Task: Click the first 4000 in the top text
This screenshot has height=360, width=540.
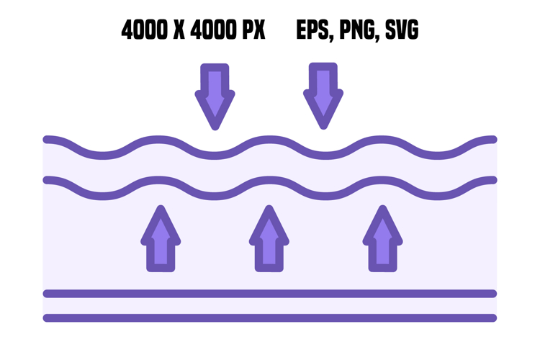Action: tap(144, 30)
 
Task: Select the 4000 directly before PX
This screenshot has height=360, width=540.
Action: tap(214, 30)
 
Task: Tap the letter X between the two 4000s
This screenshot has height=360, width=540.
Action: tap(179, 30)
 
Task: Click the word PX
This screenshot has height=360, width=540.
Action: tap(254, 30)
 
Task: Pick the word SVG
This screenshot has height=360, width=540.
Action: tap(402, 30)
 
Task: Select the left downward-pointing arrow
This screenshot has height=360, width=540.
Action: tap(215, 96)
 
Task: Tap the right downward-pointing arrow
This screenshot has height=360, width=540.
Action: tap(323, 96)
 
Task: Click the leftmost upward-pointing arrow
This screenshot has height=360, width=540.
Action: tap(161, 238)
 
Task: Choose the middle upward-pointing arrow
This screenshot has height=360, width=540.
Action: tap(269, 238)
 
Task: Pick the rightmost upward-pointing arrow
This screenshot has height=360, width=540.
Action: tap(382, 238)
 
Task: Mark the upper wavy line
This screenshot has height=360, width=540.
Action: tap(270, 140)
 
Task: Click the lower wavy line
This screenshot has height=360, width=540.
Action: tap(270, 180)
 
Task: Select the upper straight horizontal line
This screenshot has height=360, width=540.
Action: tap(270, 294)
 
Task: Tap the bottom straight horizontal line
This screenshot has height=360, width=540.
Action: tap(270, 318)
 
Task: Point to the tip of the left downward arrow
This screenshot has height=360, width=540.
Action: tap(215, 128)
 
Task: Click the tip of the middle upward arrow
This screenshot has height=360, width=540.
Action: tap(269, 207)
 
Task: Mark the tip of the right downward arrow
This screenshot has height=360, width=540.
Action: tap(323, 128)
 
